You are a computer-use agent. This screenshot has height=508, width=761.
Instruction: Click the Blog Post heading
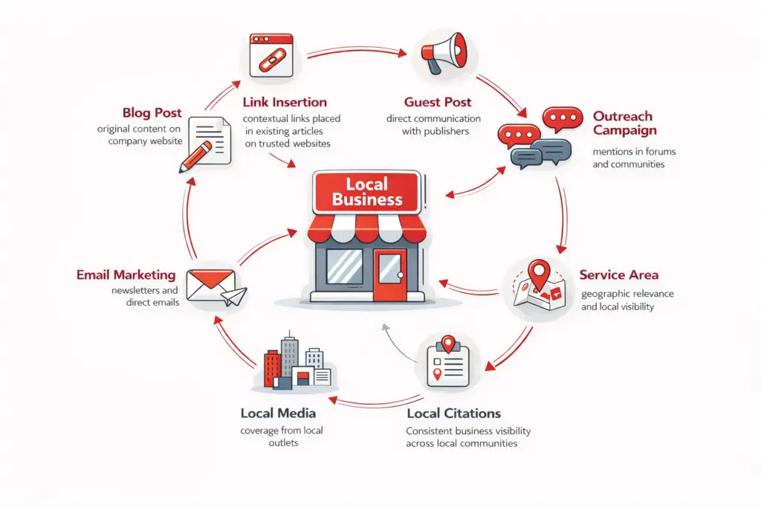pyautogui.click(x=152, y=112)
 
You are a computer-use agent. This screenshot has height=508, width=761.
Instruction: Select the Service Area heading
pyautogui.click(x=618, y=274)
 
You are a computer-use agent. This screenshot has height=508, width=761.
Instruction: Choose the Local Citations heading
pyautogui.click(x=453, y=413)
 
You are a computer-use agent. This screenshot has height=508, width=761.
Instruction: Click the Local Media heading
pyautogui.click(x=278, y=413)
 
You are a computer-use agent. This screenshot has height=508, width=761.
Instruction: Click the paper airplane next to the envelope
pyautogui.click(x=234, y=297)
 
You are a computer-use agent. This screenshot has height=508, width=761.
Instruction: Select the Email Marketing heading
pyautogui.click(x=126, y=274)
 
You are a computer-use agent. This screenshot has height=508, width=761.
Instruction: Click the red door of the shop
pyautogui.click(x=387, y=275)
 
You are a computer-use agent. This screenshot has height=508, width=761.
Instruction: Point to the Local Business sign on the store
pyautogui.click(x=367, y=191)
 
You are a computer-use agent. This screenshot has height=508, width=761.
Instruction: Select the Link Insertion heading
pyautogui.click(x=285, y=102)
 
